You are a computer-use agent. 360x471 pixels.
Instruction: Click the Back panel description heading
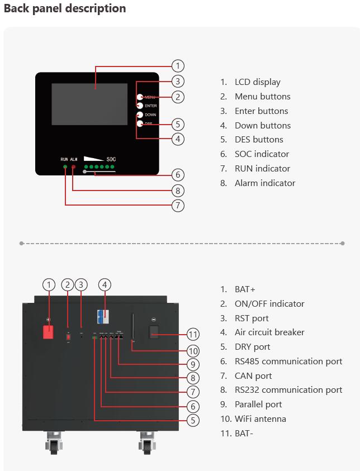[x=65, y=8]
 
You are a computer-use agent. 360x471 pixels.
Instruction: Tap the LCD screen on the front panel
[x=89, y=104]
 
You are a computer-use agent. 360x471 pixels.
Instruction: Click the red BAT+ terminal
[x=49, y=331]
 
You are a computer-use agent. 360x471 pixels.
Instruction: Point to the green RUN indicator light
[x=65, y=167]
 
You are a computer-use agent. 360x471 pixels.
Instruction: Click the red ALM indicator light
[x=73, y=167]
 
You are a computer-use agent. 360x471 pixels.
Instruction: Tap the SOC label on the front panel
[x=111, y=159]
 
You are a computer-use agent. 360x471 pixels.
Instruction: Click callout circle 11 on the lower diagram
[x=193, y=335]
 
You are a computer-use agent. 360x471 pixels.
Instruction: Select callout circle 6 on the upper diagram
[x=177, y=174]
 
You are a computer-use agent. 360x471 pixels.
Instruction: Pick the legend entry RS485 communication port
[x=288, y=361]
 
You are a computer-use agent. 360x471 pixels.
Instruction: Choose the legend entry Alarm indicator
[x=264, y=183]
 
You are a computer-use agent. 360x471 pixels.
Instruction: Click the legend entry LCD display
[x=257, y=82]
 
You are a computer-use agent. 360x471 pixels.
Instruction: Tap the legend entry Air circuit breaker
[x=269, y=332]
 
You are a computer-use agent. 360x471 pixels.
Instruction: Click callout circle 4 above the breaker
[x=105, y=284]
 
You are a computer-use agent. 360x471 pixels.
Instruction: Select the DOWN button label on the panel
[x=150, y=115]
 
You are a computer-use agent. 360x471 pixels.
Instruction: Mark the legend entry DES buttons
[x=259, y=140]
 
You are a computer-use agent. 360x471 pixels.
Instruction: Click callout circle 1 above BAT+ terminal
[x=49, y=284]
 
